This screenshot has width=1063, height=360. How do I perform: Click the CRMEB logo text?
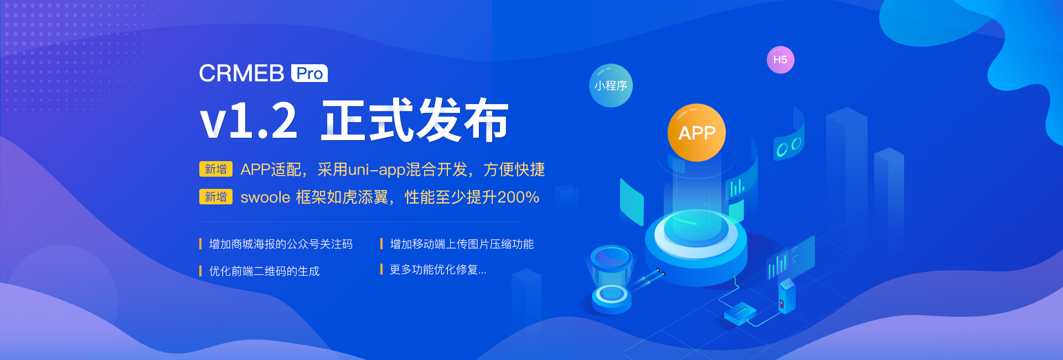tap(241, 73)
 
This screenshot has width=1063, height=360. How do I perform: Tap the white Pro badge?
tap(309, 73)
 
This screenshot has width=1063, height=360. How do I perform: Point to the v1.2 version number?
tap(249, 121)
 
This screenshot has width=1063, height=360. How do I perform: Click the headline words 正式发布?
tap(415, 120)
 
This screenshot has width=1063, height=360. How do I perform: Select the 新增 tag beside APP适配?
tap(216, 169)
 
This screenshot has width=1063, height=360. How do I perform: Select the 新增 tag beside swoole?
tap(216, 197)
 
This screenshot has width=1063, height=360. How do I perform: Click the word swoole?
tap(265, 197)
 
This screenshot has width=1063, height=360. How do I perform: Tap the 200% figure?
tap(518, 197)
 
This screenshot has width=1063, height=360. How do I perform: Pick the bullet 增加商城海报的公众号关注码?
tap(281, 244)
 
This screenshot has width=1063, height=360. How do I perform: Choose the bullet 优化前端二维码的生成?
tap(264, 271)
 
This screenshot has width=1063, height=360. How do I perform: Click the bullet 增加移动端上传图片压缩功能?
tap(462, 244)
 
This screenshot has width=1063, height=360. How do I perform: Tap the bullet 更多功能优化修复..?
tap(438, 270)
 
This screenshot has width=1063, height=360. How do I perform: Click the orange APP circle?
tap(696, 132)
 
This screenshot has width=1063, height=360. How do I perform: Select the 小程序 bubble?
tap(611, 86)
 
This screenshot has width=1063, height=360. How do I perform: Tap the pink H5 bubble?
tap(780, 60)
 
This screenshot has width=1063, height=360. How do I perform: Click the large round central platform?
tap(696, 244)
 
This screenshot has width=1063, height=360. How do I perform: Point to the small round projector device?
tap(611, 280)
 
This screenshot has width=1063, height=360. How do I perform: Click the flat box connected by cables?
tap(740, 313)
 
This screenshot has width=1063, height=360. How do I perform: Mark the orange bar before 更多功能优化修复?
tap(381, 269)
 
